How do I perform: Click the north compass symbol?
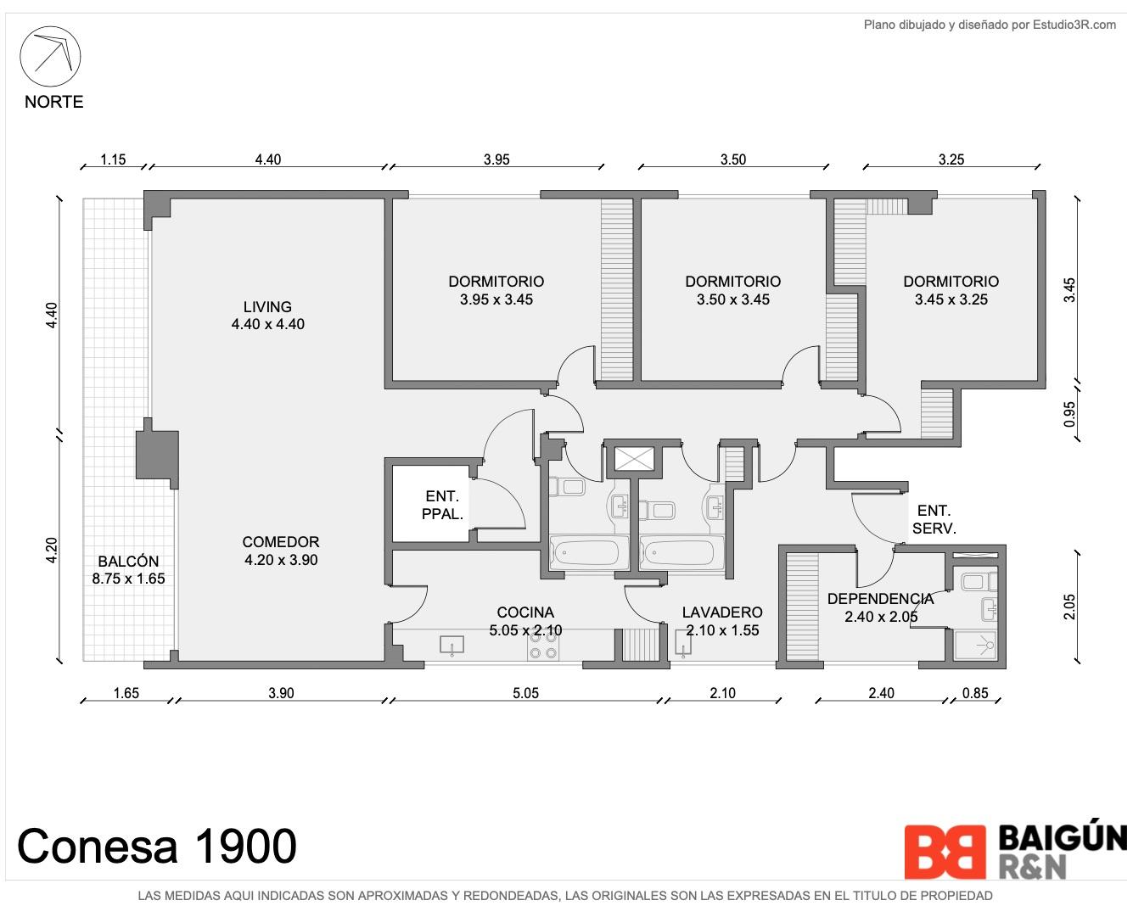[x=50, y=56]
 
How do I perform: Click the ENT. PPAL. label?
[x=442, y=505]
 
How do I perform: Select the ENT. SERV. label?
[x=934, y=519]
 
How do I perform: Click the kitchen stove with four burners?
[x=543, y=646]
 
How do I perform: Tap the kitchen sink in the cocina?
[x=452, y=646]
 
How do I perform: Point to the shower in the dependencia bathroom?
[x=977, y=646]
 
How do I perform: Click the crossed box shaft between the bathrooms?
[x=635, y=459]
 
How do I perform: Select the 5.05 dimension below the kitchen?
[x=525, y=693]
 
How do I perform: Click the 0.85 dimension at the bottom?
[x=975, y=693]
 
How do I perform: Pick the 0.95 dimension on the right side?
[x=1069, y=415]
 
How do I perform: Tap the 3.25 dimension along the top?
[x=951, y=159]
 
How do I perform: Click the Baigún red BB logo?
[x=945, y=852]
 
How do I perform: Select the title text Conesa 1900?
[x=157, y=847]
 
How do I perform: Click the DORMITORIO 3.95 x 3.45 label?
[x=496, y=290]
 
